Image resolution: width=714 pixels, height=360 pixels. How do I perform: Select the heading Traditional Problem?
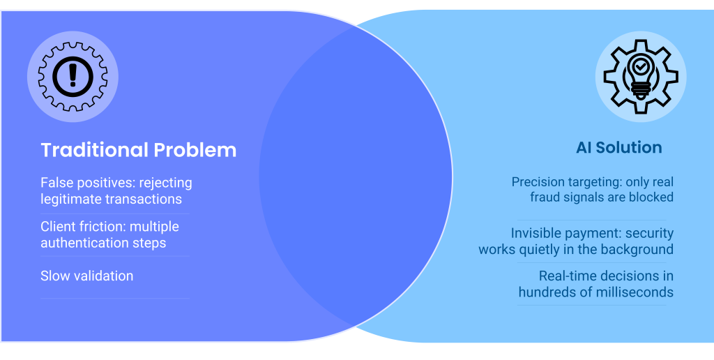138,150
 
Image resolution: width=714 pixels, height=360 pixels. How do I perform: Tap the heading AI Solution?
618,147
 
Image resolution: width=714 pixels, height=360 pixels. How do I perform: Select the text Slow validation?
86,276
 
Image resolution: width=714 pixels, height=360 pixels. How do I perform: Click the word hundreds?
547,292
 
